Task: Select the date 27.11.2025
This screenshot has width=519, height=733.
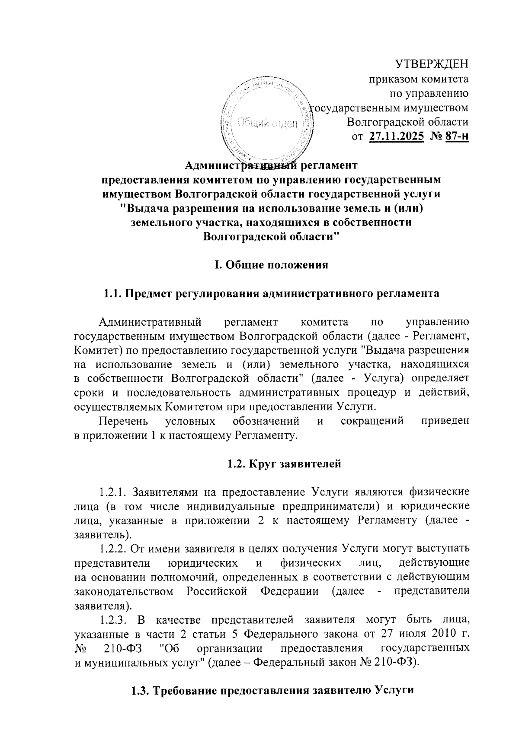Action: (396, 137)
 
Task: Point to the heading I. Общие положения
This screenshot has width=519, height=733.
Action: (272, 265)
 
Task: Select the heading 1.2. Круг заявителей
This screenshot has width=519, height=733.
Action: (284, 464)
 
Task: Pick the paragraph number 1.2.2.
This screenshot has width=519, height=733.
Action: (113, 549)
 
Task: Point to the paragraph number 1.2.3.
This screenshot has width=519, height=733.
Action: (113, 620)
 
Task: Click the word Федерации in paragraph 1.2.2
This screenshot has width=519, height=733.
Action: (289, 591)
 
